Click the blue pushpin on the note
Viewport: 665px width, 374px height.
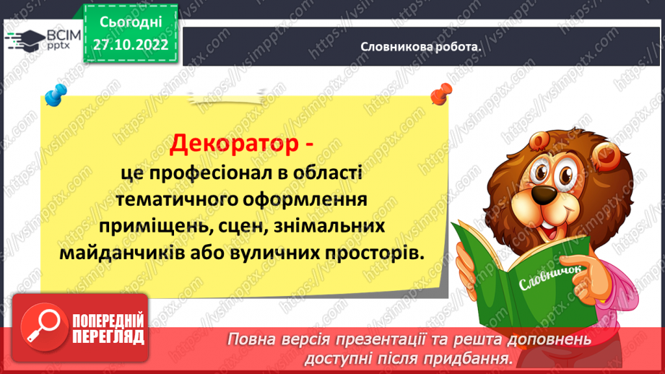tap(53, 95)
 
